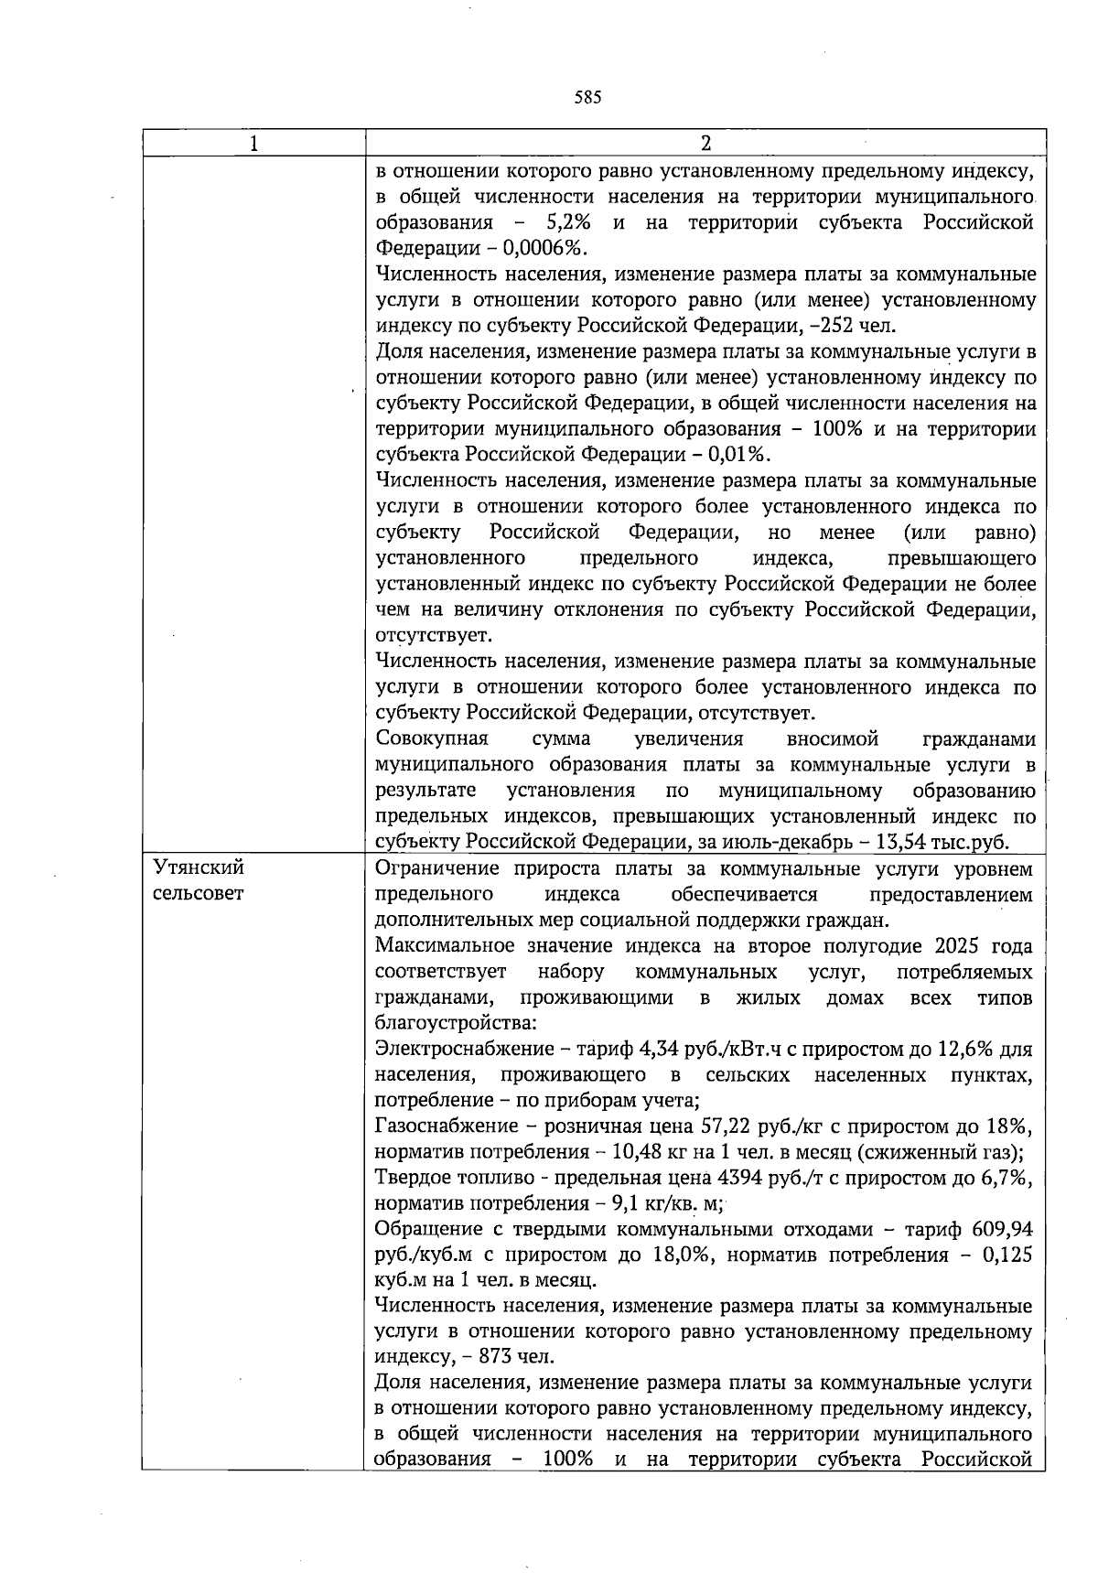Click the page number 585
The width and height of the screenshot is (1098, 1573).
pos(587,98)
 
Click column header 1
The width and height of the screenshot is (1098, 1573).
pos(253,144)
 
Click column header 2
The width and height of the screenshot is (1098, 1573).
pos(705,144)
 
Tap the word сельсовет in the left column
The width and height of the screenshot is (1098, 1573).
pos(199,893)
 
